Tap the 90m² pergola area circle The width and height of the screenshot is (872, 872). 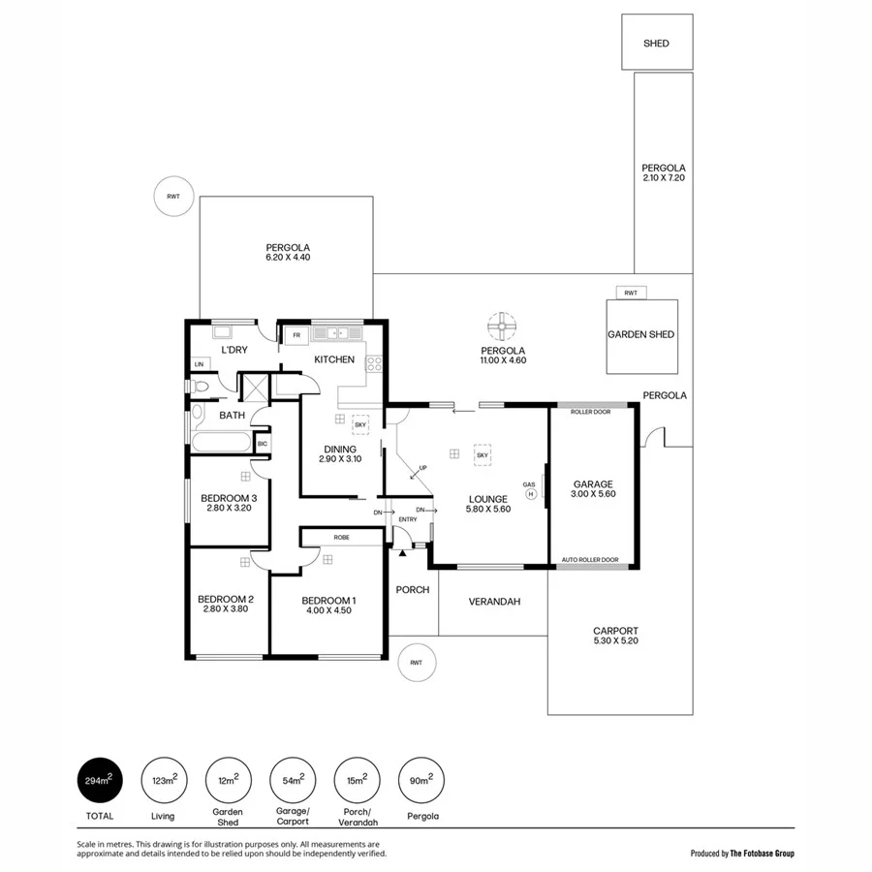421,779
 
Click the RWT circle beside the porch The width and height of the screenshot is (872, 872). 417,663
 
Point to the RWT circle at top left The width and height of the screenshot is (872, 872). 173,197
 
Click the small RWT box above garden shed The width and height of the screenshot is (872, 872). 631,293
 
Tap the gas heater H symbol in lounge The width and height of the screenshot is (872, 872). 530,493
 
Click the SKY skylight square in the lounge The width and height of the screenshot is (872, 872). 482,453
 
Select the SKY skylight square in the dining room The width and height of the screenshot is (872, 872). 359,424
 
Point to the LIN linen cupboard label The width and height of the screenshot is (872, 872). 200,364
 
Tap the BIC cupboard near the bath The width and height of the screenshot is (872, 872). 262,444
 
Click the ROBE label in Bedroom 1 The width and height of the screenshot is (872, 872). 341,537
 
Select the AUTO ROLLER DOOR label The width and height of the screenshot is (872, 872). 590,560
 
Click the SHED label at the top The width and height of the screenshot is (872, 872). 656,44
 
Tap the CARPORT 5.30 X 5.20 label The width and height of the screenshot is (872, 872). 616,636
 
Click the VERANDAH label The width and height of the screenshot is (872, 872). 494,602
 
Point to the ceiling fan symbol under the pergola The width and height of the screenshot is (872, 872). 503,327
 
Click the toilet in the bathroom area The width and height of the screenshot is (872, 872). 202,388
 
